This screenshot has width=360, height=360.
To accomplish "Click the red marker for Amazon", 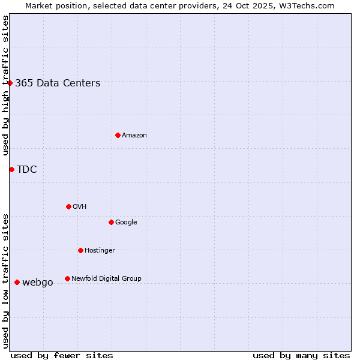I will click(x=118, y=135).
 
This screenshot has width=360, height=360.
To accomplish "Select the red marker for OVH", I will click(x=68, y=206).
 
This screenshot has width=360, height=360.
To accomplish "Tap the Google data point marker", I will click(x=111, y=222).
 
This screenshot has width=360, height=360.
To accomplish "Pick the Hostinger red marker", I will click(x=80, y=250).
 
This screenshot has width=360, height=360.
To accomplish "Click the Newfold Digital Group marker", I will click(x=67, y=278).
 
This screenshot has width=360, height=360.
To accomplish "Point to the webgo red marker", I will click(x=17, y=282).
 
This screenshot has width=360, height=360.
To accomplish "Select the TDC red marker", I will click(x=11, y=169).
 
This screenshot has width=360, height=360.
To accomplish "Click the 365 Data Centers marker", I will click(x=10, y=83).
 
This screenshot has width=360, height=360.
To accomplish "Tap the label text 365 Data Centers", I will click(x=58, y=83).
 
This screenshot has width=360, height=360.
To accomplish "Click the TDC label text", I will click(x=27, y=170).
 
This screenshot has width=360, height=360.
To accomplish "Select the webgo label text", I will click(x=38, y=283).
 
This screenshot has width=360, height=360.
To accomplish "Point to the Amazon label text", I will click(x=134, y=136).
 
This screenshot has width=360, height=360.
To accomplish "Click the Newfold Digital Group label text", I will click(x=106, y=278).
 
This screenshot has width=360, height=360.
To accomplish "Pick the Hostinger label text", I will click(x=100, y=250).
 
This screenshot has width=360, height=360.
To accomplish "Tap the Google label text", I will click(x=126, y=222).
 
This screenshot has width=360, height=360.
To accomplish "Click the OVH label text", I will click(x=80, y=206).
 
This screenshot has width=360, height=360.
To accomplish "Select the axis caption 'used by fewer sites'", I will click(x=62, y=355).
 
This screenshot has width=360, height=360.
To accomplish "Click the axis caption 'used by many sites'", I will click(x=301, y=355).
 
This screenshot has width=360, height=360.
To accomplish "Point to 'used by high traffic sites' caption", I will click(x=5, y=85).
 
